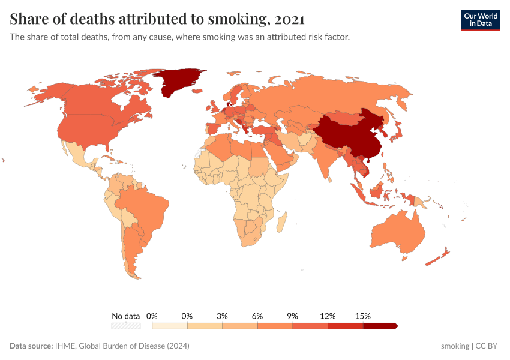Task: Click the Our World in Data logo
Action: point(480,20)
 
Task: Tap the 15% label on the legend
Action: point(362,316)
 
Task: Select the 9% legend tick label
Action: point(292,316)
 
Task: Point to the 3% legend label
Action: point(222,316)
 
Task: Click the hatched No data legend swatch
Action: point(126,326)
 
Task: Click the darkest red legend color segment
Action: point(380,326)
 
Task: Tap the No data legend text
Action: point(126,316)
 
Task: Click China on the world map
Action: point(348,135)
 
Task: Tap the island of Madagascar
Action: point(280,221)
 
